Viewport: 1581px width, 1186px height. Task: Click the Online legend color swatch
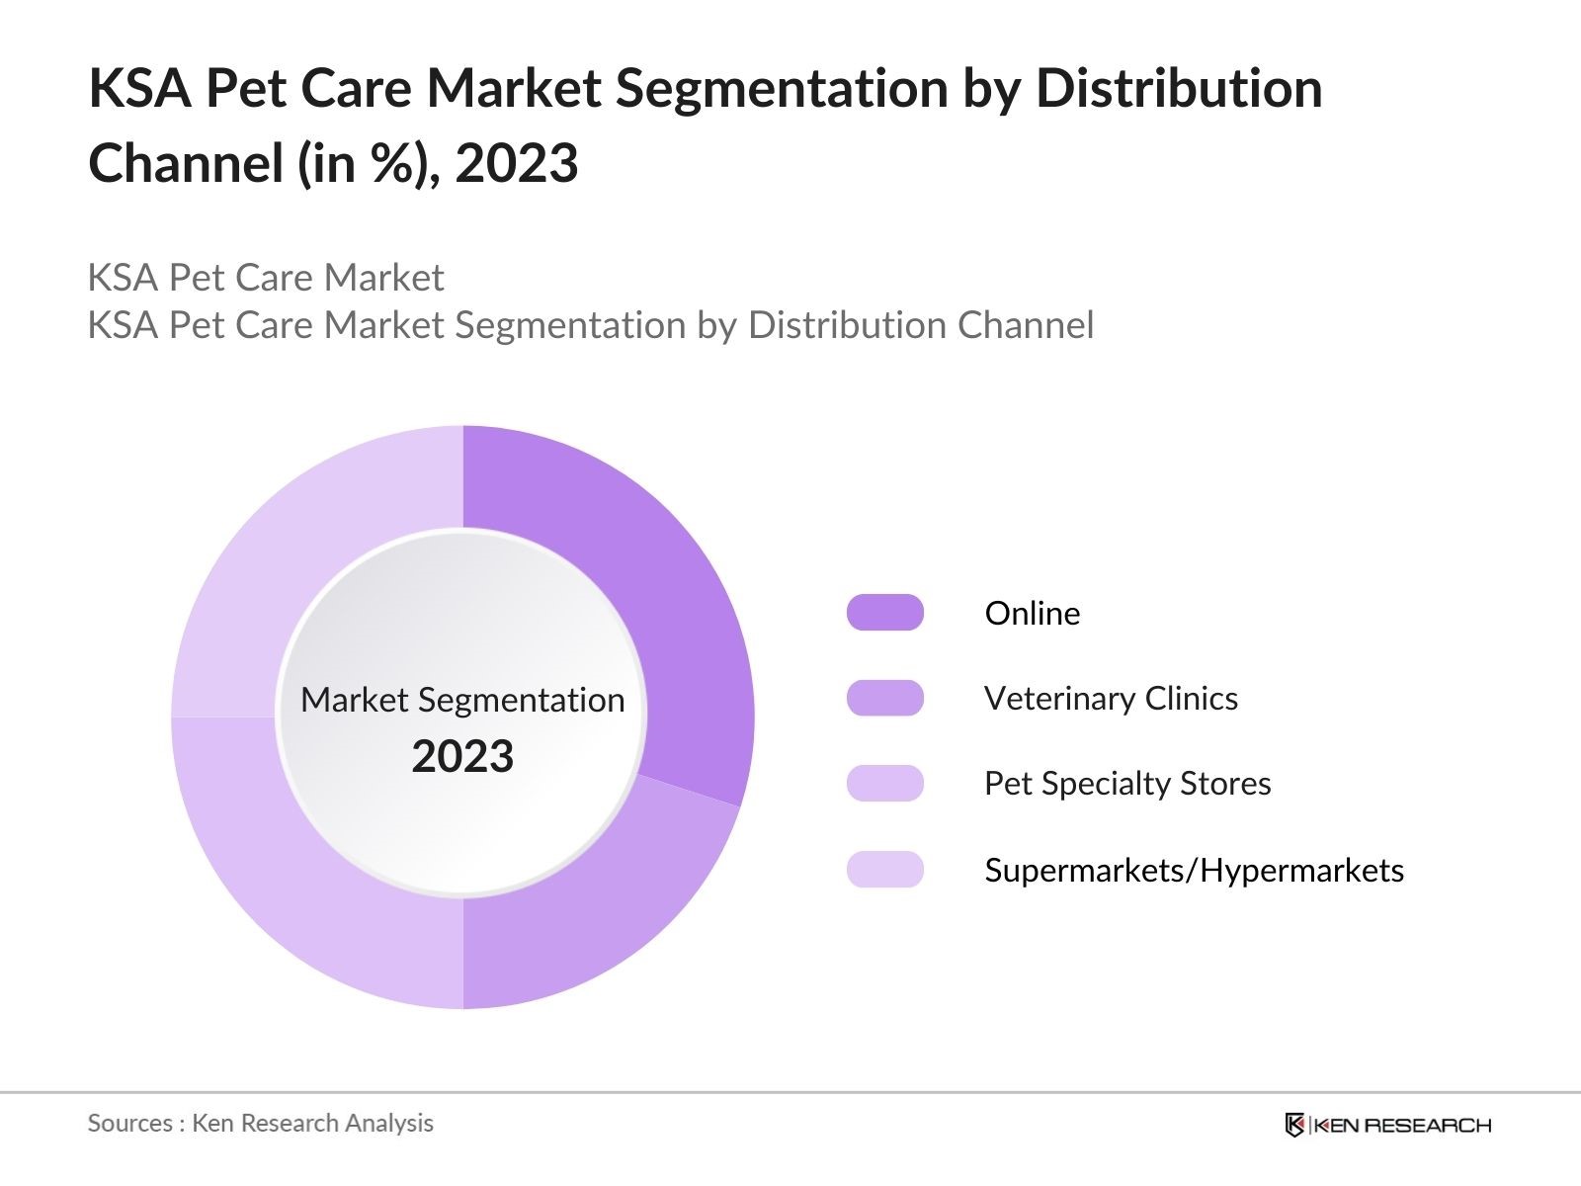click(x=884, y=613)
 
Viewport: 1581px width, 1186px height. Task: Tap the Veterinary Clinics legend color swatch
click(x=884, y=698)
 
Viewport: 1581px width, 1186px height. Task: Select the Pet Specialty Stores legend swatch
click(x=884, y=784)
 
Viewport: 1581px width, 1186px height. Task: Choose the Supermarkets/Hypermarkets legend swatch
click(x=884, y=870)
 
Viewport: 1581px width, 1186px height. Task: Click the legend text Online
click(x=1032, y=614)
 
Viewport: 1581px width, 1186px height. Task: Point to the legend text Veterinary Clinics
click(x=1111, y=699)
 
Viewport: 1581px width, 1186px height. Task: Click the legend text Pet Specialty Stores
click(x=1126, y=784)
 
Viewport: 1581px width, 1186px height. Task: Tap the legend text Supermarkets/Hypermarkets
click(x=1194, y=871)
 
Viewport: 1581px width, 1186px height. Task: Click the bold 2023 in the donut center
click(x=462, y=757)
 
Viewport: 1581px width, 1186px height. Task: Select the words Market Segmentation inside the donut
click(x=462, y=700)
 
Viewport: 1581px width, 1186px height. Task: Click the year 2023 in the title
click(x=516, y=163)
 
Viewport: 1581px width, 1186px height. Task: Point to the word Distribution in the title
click(x=1178, y=88)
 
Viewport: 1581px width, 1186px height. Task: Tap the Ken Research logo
click(x=1387, y=1125)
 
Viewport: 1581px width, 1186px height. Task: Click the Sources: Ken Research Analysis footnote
click(x=260, y=1123)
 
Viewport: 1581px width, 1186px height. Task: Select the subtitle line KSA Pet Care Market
click(x=265, y=278)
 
